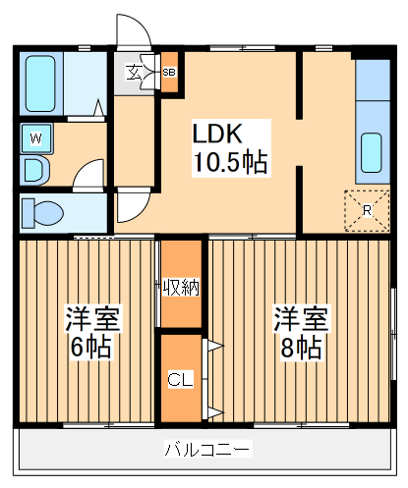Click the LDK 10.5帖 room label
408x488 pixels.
228,147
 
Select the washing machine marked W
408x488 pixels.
35,138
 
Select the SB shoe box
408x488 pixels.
169,73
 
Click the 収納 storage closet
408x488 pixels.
180,287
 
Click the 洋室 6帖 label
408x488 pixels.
91,331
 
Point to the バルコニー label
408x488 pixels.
207,451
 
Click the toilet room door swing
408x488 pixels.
131,206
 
